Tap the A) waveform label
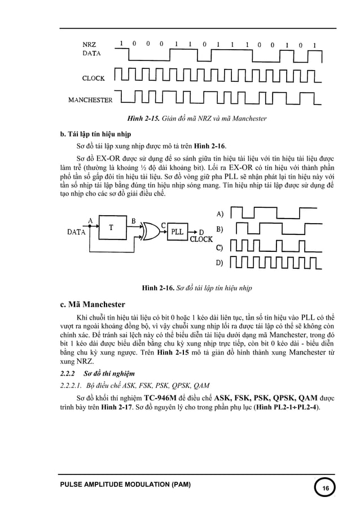pyautogui.click(x=221, y=213)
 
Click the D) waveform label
pyautogui.click(x=221, y=263)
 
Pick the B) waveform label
pyautogui.click(x=221, y=229)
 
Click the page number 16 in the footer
pyautogui.click(x=325, y=488)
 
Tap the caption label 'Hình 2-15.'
pyautogui.click(x=143, y=119)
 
